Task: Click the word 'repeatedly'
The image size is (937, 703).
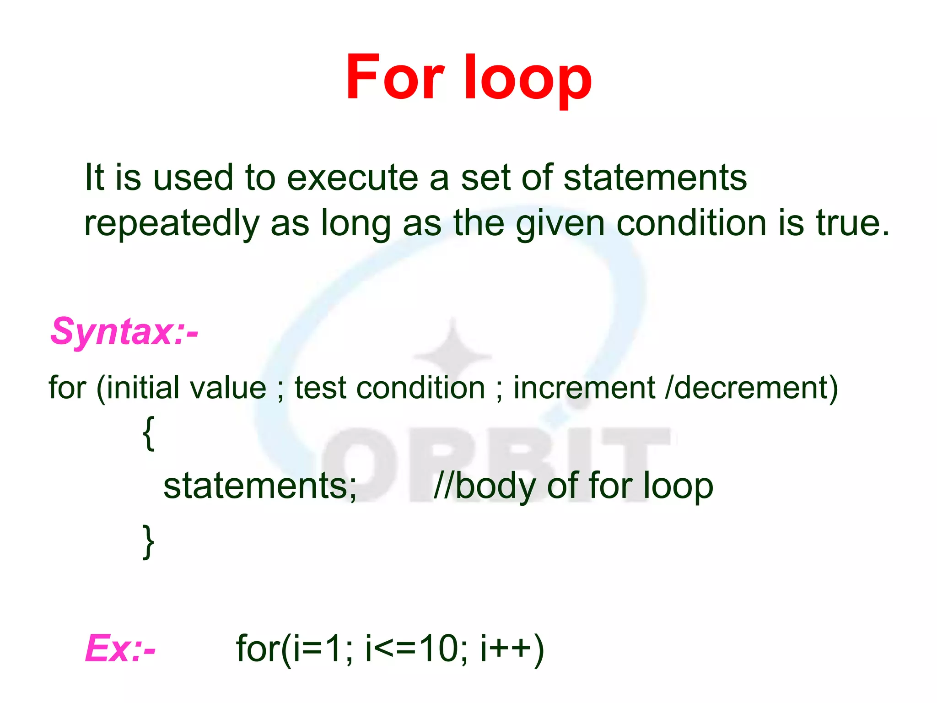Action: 172,224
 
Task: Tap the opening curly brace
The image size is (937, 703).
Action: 149,433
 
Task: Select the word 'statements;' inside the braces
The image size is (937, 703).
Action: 260,486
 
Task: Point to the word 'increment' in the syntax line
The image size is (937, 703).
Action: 584,388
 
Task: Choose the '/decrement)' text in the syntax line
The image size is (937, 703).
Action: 751,388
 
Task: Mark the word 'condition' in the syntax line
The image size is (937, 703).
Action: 420,388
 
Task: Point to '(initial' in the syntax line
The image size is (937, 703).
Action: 138,388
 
